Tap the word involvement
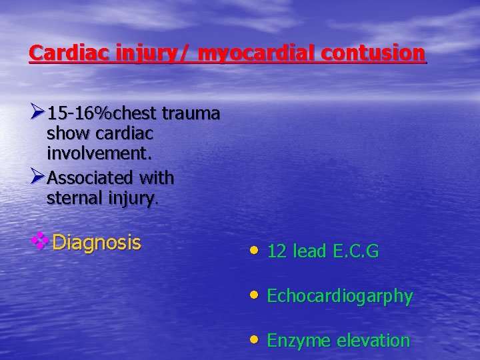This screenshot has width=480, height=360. tap(99, 154)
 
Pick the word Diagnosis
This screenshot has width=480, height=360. tap(96, 242)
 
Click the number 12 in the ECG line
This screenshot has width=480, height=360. tap(277, 251)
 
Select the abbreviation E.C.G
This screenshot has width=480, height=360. tap(354, 251)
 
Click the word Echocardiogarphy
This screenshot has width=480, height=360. tap(339, 296)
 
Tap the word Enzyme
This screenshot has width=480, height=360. tap(299, 341)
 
